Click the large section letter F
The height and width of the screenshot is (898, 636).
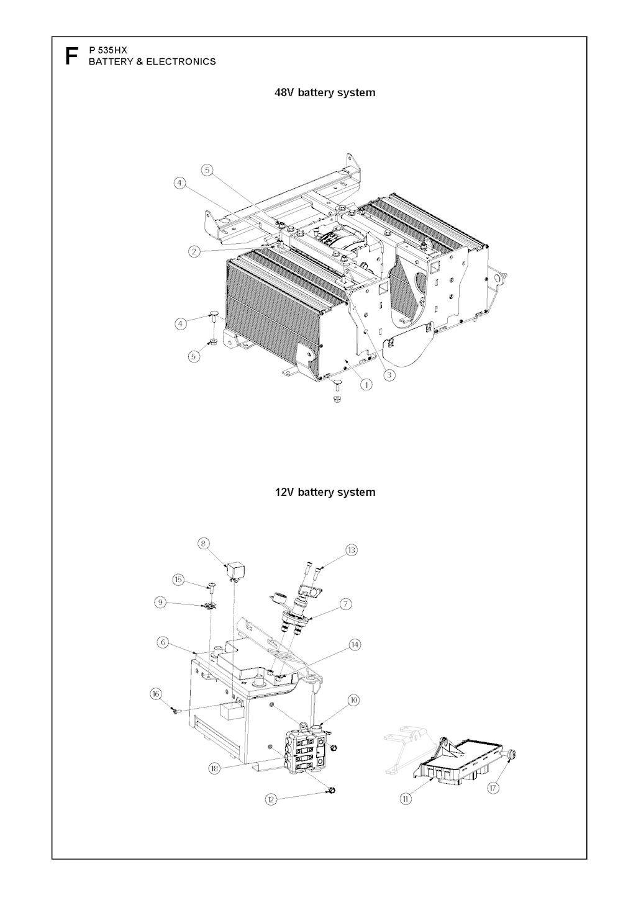coord(71,56)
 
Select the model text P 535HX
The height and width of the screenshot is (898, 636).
coord(108,50)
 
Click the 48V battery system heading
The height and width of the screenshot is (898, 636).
coord(325,92)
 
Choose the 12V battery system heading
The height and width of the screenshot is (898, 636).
coord(325,492)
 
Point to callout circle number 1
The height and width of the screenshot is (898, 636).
coord(366,384)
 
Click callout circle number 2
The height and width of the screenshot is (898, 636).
coord(194,252)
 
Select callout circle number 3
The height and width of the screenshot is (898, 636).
coord(388,375)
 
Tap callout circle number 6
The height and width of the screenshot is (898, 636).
coord(163,642)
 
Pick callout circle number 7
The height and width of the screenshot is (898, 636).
coord(346,604)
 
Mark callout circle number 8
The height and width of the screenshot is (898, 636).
coord(204,544)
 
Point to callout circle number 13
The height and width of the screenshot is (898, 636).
coord(352,550)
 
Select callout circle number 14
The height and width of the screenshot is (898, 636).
coord(354,645)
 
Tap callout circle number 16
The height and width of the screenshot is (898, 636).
coord(156,694)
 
